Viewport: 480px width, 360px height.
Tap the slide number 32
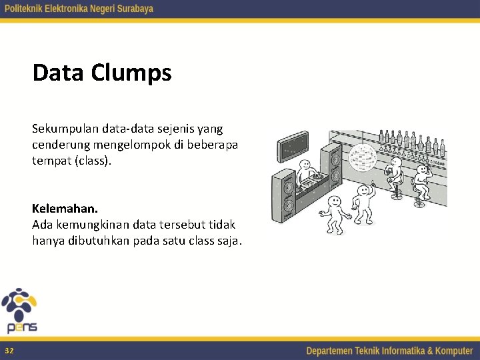click(x=9, y=351)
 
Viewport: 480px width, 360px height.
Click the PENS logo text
click(x=22, y=327)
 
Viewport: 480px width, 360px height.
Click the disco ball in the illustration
click(x=363, y=155)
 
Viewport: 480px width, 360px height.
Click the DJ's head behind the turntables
click(x=305, y=165)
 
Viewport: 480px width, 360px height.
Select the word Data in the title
click(x=58, y=73)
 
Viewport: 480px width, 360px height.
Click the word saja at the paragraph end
click(x=227, y=241)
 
